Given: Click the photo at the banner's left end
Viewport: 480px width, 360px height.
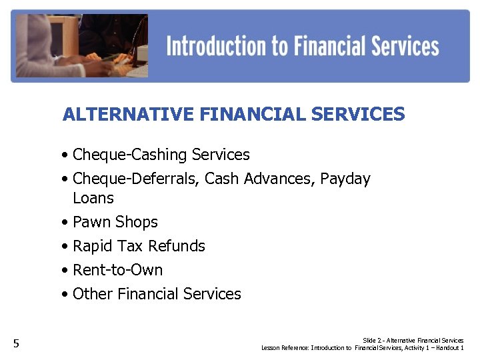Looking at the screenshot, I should tap(80, 45).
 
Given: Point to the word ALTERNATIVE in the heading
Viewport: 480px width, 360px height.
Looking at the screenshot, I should tap(128, 115).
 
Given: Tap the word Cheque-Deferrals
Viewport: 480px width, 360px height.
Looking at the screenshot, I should tap(136, 179).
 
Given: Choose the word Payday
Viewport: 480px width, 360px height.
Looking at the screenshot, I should tap(345, 179).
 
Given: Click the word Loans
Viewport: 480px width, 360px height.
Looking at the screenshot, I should tap(93, 198).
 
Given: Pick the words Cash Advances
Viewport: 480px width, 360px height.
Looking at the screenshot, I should tap(260, 179).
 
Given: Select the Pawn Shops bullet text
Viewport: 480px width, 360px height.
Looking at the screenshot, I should tap(115, 222).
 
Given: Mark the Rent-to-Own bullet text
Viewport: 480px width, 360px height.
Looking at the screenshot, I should tap(117, 270).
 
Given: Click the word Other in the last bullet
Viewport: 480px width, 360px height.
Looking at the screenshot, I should tap(93, 294).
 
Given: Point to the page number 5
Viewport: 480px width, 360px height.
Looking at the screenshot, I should tap(17, 344).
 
